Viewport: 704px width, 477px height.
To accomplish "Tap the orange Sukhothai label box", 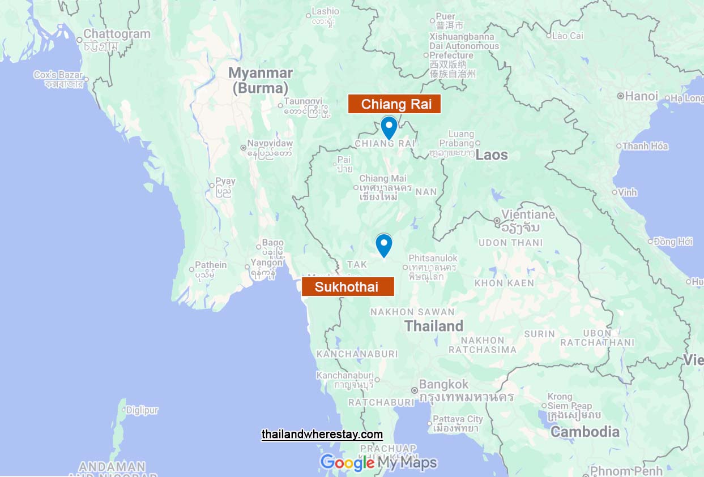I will [x=347, y=286].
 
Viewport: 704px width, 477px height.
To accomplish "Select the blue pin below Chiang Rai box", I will [x=389, y=127].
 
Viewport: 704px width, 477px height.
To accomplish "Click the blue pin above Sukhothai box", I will [x=384, y=245].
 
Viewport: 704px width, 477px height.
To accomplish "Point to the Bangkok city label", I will [x=443, y=385].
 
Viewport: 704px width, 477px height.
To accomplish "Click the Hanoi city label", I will [x=641, y=96].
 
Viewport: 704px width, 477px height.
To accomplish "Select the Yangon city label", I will [x=266, y=263].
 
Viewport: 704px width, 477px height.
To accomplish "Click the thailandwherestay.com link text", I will [x=322, y=435].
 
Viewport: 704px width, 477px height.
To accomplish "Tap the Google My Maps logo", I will [x=378, y=462].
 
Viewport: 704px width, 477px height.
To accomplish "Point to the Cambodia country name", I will [x=585, y=432].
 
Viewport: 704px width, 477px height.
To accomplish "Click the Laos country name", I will [x=492, y=154].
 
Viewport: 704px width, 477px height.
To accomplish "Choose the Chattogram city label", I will [x=117, y=34].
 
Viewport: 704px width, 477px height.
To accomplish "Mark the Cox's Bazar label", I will [x=58, y=75].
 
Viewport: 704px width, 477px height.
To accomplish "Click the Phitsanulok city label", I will [x=433, y=258].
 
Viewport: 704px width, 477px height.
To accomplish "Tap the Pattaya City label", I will [x=458, y=419].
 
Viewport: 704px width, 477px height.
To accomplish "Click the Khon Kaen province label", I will [x=504, y=283].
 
